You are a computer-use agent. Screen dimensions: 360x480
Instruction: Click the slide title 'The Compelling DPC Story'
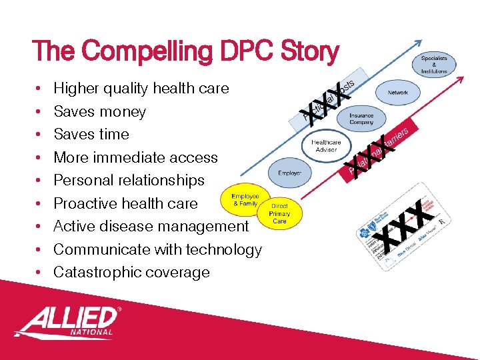pos(185,51)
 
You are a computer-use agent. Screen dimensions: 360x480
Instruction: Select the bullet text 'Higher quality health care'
pos(141,88)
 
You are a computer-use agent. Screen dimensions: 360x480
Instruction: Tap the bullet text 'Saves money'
pos(99,111)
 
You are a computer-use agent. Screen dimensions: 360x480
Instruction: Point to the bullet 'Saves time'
pos(91,134)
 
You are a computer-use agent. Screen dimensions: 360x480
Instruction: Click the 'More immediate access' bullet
pos(135,157)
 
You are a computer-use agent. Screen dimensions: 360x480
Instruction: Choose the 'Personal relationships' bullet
pos(129,180)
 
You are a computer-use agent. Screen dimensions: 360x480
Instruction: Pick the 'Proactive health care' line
pos(125,203)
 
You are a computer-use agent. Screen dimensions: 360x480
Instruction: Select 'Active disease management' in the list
pos(151,226)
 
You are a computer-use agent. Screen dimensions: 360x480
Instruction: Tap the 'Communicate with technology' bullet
pos(157,249)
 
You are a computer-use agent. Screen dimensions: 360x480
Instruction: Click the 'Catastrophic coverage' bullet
pos(131,272)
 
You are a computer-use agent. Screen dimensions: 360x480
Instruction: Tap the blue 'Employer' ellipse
pos(289,173)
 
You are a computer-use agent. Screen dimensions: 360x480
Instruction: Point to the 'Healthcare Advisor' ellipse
pos(327,146)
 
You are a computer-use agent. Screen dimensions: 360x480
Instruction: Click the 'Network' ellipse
pos(398,93)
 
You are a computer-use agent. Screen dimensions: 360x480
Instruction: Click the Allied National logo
pos(67,322)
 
